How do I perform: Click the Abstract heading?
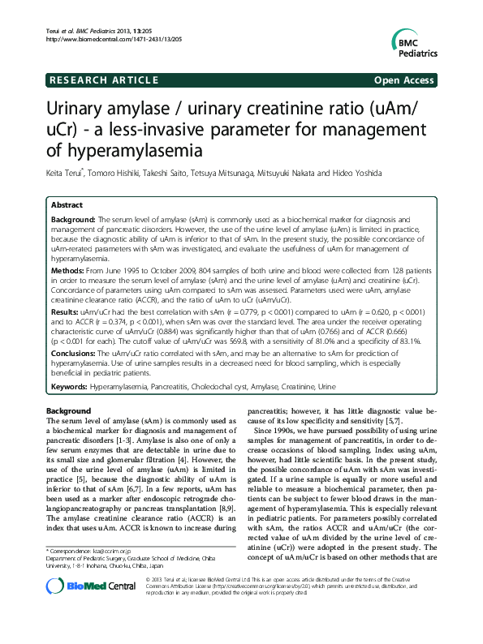(x=68, y=206)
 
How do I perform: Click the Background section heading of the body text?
(x=68, y=411)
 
